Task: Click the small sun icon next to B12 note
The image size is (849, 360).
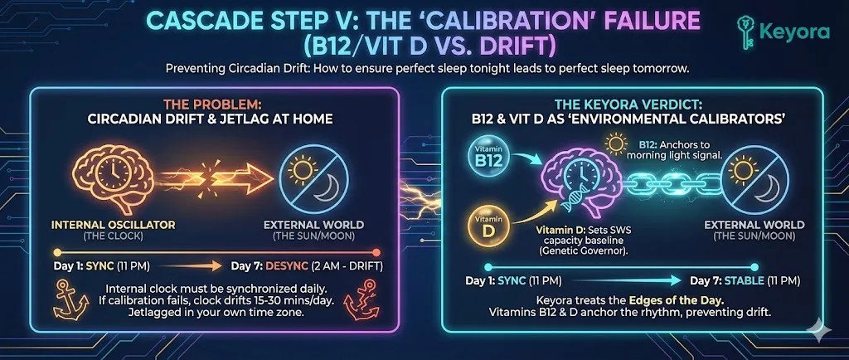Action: pos(615,144)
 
